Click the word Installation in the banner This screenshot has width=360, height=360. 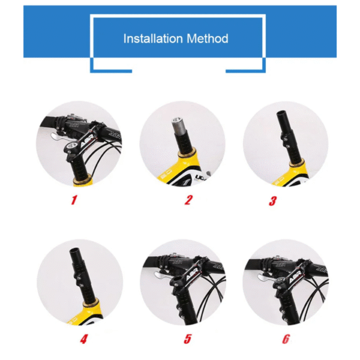pyautogui.click(x=150, y=38)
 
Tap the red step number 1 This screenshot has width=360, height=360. pyautogui.click(x=74, y=200)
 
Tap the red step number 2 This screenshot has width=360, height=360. pyautogui.click(x=187, y=200)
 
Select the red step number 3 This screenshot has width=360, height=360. pyautogui.click(x=272, y=200)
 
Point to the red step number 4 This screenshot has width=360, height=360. pyautogui.click(x=83, y=339)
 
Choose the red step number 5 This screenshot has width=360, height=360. pyautogui.click(x=188, y=339)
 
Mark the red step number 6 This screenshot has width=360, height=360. pyautogui.click(x=286, y=339)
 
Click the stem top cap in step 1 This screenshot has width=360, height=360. pyautogui.click(x=73, y=145)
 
